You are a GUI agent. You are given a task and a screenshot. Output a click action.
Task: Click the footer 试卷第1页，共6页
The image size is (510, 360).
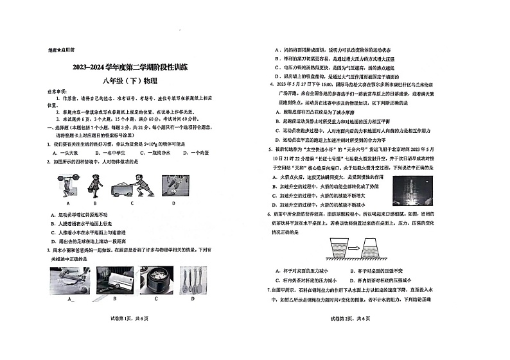pos(131,338)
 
